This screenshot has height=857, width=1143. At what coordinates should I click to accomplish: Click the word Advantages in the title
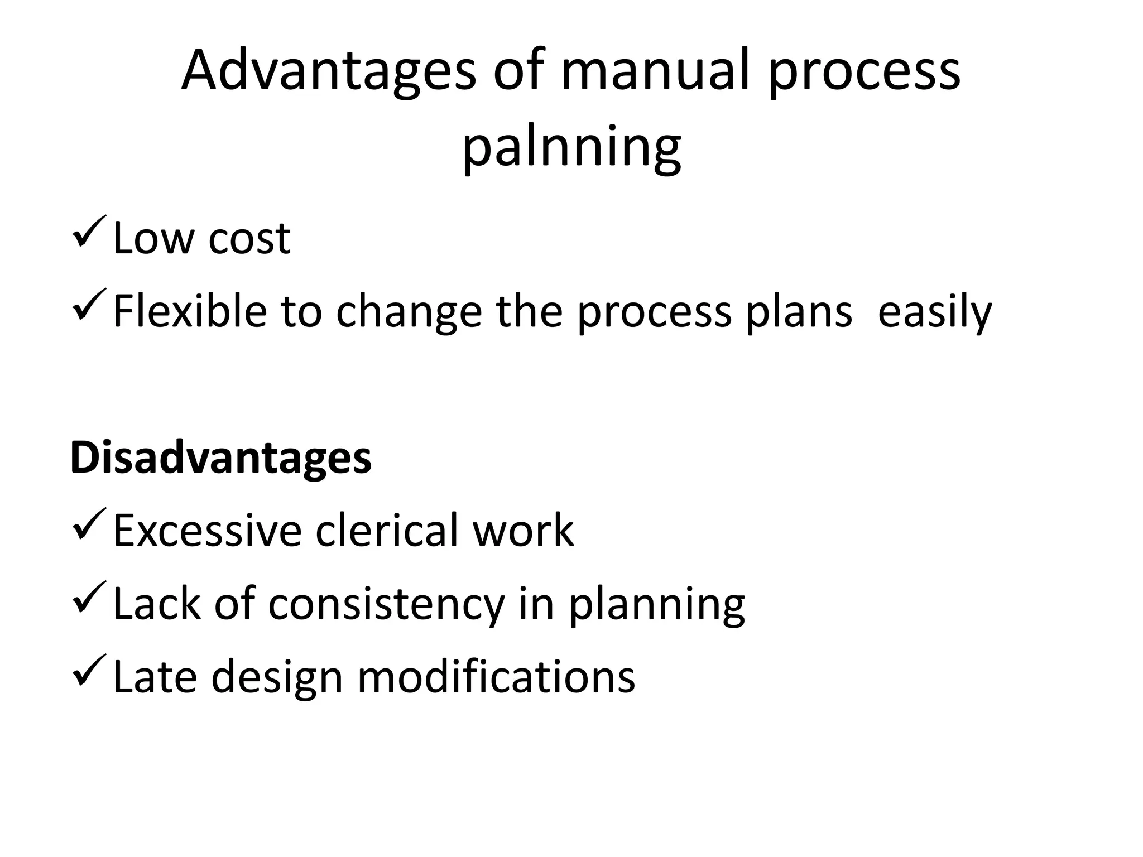[x=329, y=71]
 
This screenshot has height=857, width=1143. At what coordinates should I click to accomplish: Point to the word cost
[x=249, y=239]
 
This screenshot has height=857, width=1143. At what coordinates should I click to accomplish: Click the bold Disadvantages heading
[x=221, y=458]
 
